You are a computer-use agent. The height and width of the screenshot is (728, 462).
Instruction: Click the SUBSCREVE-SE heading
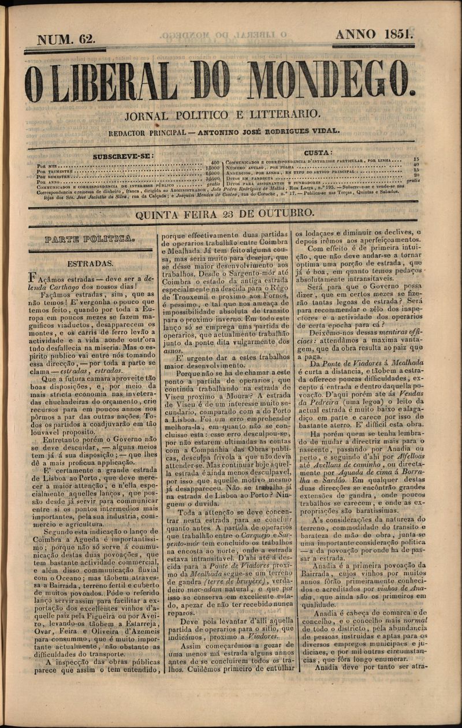tap(123, 156)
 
